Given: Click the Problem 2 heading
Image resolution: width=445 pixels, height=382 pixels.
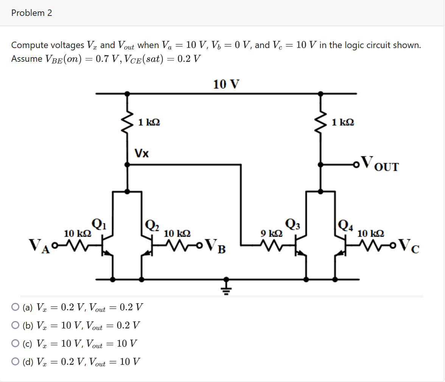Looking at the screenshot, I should pyautogui.click(x=32, y=13).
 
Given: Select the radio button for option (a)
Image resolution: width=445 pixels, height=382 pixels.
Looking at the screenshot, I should pyautogui.click(x=15, y=307).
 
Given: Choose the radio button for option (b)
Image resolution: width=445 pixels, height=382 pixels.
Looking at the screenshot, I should pyautogui.click(x=15, y=325).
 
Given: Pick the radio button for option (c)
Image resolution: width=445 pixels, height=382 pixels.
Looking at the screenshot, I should pyautogui.click(x=15, y=343).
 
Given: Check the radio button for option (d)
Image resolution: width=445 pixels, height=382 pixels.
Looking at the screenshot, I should pyautogui.click(x=15, y=362).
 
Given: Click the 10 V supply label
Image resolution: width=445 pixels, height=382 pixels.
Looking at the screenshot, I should pyautogui.click(x=226, y=84).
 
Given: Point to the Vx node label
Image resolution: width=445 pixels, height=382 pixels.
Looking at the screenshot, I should pyautogui.click(x=142, y=154).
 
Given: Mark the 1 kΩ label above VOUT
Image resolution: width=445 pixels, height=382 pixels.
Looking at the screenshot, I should pyautogui.click(x=342, y=122).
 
